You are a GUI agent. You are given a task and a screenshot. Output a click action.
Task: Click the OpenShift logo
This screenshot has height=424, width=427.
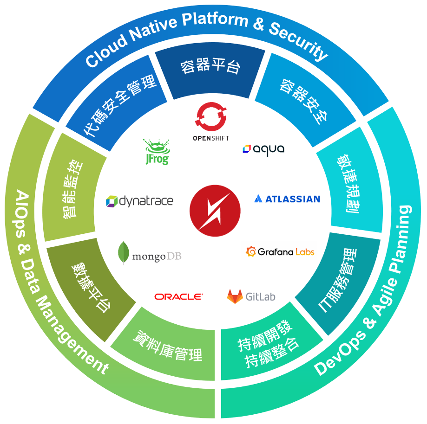210,122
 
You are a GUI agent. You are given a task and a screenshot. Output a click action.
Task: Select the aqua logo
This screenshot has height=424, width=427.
263,149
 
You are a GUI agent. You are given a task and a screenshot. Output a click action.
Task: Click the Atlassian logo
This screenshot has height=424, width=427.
287,199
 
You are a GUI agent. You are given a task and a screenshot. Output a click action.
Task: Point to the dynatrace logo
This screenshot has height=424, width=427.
139,201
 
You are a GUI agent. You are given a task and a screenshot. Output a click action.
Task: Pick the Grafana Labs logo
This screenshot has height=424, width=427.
280,252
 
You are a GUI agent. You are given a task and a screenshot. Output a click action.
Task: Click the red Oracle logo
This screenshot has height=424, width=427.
178,296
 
